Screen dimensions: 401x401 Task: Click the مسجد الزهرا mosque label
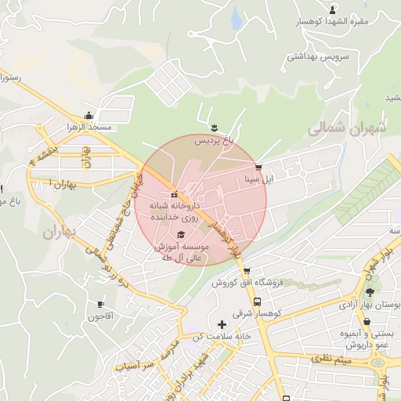pyautogui.click(x=89, y=127)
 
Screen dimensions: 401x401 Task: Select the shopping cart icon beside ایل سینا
pyautogui.click(x=258, y=168)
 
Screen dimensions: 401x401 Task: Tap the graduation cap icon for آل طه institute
pyautogui.click(x=181, y=234)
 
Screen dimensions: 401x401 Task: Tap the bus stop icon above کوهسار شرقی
pyautogui.click(x=256, y=302)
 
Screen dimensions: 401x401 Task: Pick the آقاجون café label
pyautogui.click(x=101, y=316)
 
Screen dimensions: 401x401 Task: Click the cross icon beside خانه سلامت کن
pyautogui.click(x=222, y=323)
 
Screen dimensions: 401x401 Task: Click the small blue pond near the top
pyautogui.click(x=236, y=19)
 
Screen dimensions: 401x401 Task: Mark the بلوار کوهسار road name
pyautogui.click(x=226, y=238)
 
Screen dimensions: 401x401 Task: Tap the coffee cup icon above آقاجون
pyautogui.click(x=101, y=304)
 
